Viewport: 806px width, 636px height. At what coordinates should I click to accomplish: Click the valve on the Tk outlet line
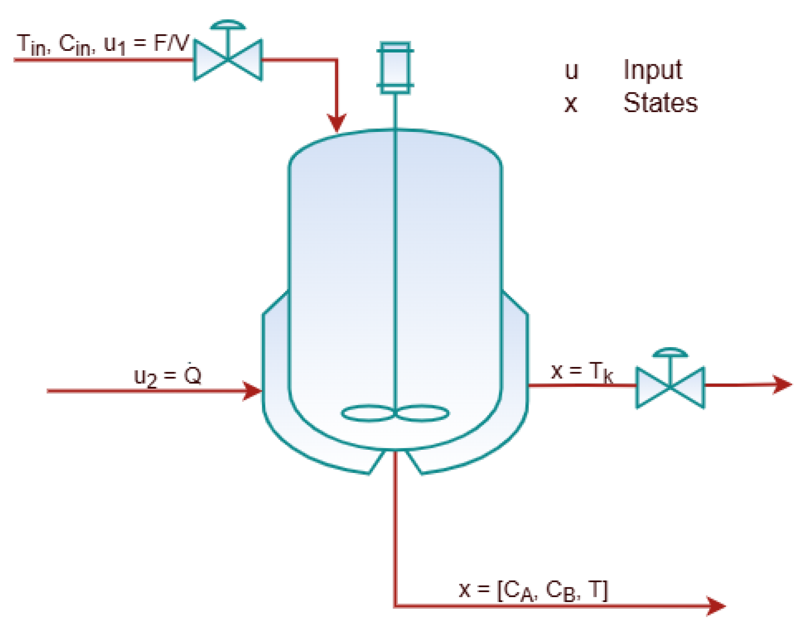coord(670,387)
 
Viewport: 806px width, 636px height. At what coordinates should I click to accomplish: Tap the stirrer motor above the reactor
coord(395,68)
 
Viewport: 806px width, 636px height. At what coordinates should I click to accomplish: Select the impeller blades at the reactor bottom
coord(395,413)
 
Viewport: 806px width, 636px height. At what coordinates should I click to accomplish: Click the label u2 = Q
coord(167,376)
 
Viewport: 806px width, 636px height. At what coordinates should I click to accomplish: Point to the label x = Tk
coord(582,372)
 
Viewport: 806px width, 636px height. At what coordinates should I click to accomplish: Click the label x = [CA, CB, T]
coord(533,590)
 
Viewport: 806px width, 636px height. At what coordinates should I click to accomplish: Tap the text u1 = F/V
coord(146,44)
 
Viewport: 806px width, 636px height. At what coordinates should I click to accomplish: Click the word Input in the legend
coord(653,70)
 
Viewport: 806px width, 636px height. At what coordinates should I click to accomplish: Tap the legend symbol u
coord(571,71)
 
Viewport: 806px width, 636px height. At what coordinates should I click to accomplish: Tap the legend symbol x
coord(571,104)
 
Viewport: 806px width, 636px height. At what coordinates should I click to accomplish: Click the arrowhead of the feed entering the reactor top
coord(337,123)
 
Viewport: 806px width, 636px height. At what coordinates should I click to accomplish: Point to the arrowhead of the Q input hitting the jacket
coord(252,391)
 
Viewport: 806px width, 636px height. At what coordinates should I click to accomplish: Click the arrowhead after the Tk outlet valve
coord(781,384)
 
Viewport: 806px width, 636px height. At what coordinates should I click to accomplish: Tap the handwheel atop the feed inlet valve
coord(228,25)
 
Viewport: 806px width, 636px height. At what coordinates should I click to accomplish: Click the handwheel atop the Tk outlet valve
coord(670,352)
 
